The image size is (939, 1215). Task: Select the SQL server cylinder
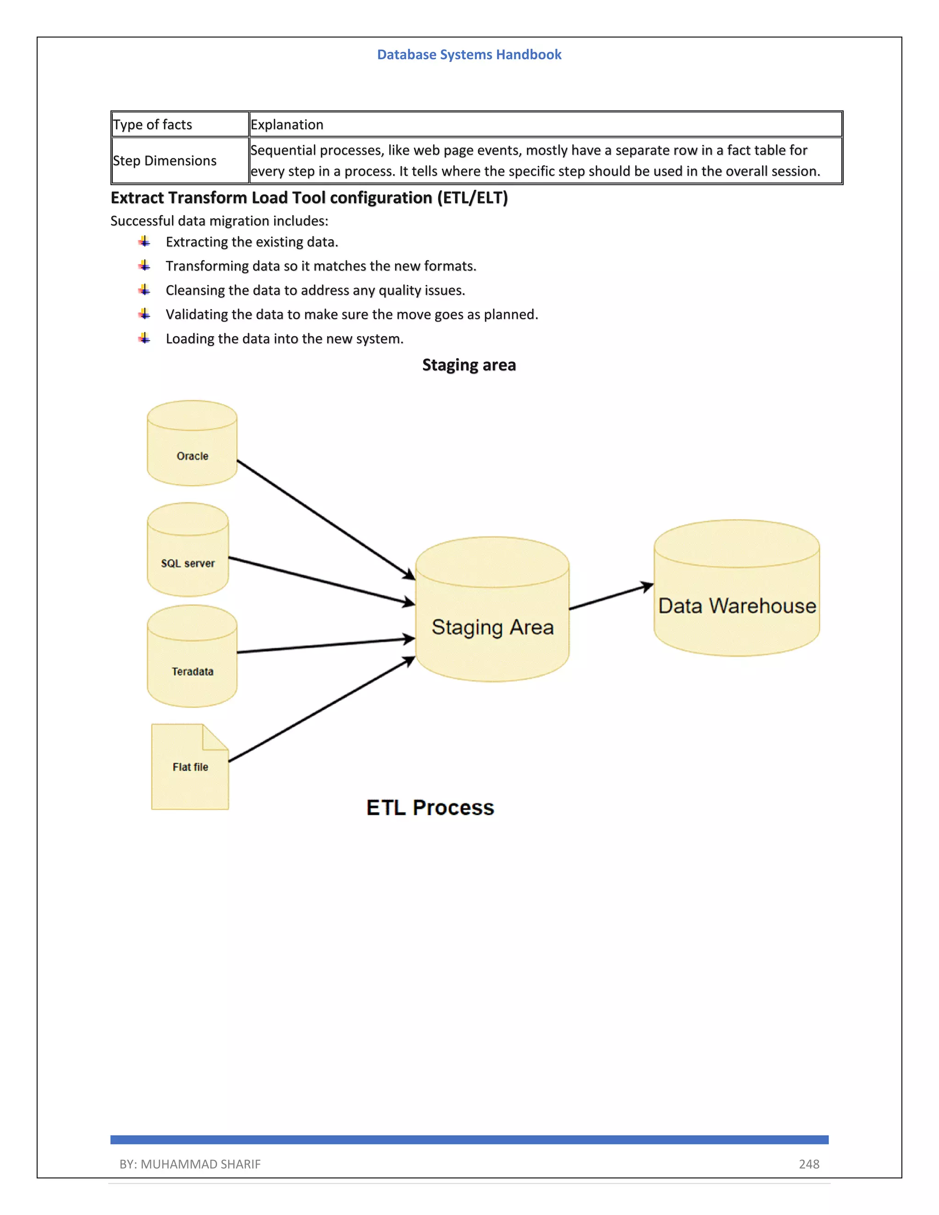click(188, 551)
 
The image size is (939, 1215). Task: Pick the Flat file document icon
click(190, 767)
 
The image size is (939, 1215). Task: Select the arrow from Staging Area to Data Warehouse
click(611, 597)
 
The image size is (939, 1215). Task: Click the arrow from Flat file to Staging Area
click(321, 709)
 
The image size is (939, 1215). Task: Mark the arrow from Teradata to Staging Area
click(326, 646)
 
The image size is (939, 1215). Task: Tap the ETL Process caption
click(430, 807)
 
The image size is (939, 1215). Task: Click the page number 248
click(809, 1164)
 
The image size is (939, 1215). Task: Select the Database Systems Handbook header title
click(469, 55)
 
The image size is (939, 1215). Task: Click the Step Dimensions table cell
click(165, 161)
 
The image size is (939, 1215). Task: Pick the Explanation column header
click(287, 125)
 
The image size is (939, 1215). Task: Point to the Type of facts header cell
click(152, 125)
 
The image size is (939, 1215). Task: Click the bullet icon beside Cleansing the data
click(144, 290)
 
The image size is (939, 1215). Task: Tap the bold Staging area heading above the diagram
click(469, 365)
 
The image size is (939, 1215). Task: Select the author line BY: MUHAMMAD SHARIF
click(190, 1164)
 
